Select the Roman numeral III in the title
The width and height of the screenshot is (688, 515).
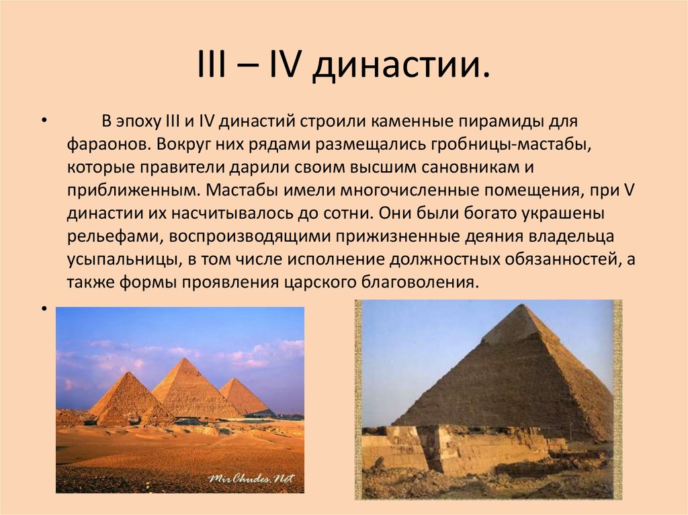tap(213, 66)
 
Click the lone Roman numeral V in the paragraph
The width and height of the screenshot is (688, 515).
tap(629, 190)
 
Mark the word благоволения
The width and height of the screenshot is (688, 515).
tap(419, 282)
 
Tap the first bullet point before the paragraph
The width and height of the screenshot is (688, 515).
tap(44, 123)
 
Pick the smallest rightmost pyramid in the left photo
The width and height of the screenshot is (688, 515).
tap(243, 397)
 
